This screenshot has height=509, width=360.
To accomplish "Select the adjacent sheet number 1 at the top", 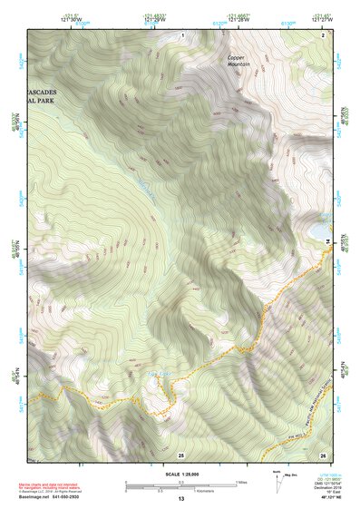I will pyautogui.click(x=181, y=34).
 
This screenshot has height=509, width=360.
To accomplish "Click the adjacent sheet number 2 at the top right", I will pyautogui.click(x=324, y=34).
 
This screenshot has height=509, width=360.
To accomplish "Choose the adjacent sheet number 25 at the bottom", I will pyautogui.click(x=180, y=454).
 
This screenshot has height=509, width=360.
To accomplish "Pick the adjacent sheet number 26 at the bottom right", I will pyautogui.click(x=324, y=454).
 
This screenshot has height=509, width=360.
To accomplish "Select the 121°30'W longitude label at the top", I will pyautogui.click(x=74, y=17).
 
